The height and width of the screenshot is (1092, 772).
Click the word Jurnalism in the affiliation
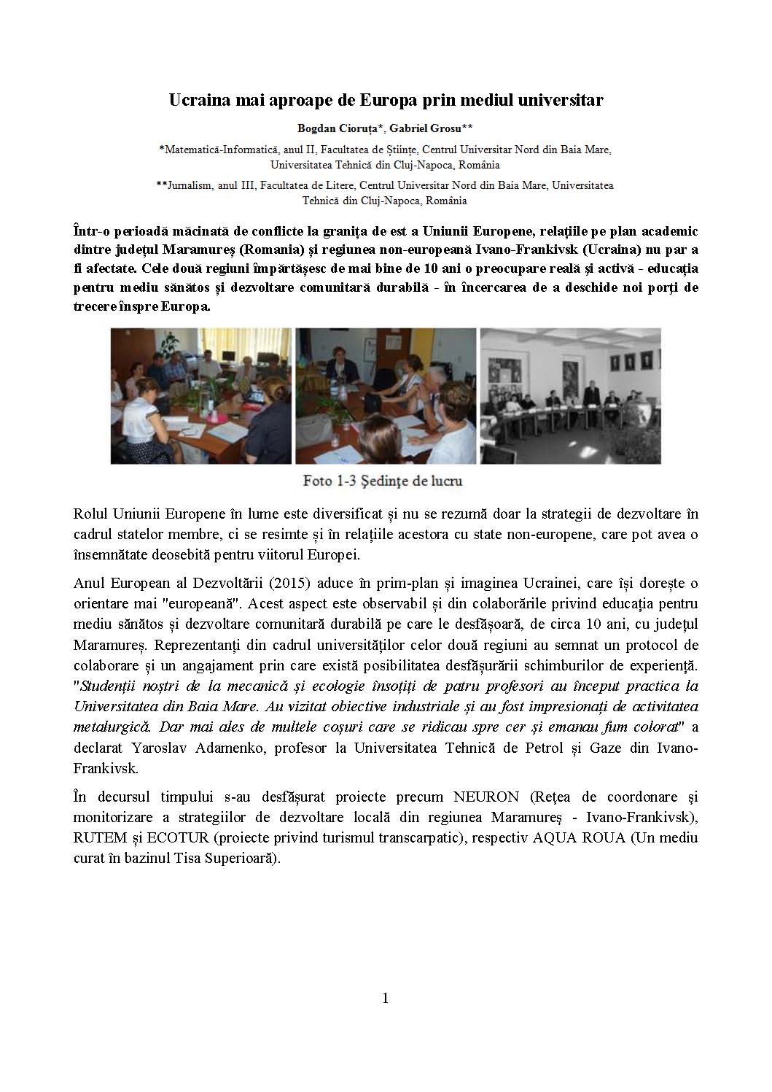(190, 186)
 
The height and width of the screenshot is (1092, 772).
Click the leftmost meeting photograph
(201, 395)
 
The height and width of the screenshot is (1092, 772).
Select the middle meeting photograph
(386, 395)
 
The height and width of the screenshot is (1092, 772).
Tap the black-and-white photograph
(570, 395)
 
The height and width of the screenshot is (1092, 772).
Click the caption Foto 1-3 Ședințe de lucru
(383, 481)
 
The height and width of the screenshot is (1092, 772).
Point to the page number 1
(386, 998)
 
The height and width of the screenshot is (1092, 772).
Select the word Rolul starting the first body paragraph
(90, 514)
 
